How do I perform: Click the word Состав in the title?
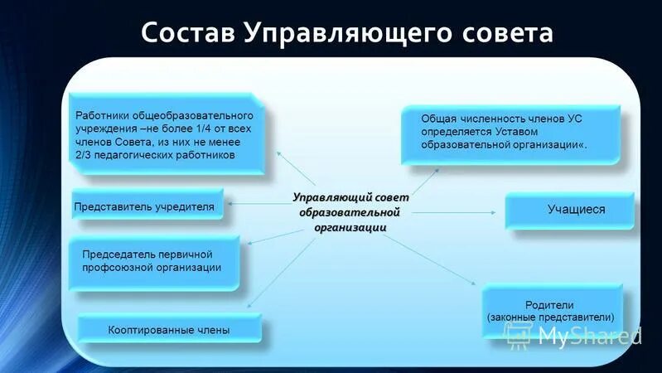[188, 33]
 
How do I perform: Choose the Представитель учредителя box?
[147, 206]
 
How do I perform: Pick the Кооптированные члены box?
[169, 330]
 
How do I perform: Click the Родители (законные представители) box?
[550, 311]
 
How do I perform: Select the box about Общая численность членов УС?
[510, 133]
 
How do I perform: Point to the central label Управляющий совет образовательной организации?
[350, 212]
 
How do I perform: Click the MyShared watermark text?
[588, 335]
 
